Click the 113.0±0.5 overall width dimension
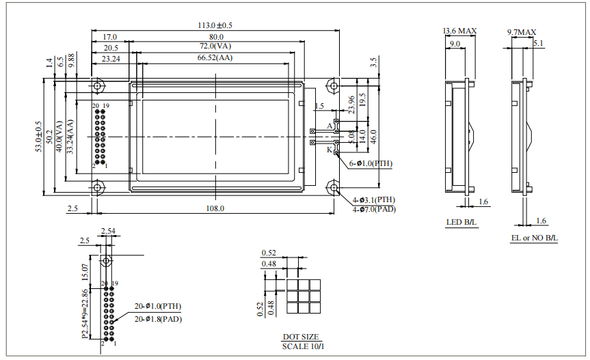click(215, 25)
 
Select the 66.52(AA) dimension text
click(215, 59)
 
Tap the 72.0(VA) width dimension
click(215, 46)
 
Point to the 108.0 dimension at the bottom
click(215, 208)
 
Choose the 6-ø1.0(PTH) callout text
click(370, 164)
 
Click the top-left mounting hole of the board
click(98, 87)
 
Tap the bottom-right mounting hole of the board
click(333, 186)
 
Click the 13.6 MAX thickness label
click(459, 31)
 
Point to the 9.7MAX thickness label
click(522, 32)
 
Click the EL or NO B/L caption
click(534, 238)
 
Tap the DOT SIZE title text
click(300, 337)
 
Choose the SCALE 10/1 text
click(300, 346)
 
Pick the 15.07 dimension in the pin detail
click(85, 272)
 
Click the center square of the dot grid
click(303, 297)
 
